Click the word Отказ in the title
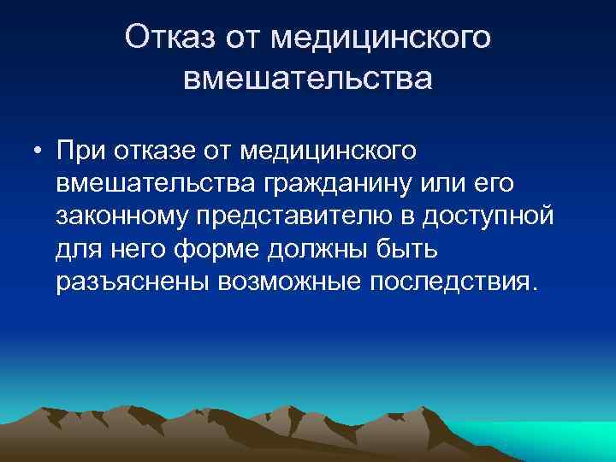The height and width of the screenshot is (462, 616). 170,38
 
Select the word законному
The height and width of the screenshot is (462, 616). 123,217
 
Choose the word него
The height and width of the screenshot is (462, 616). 139,250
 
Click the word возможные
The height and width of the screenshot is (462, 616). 288,282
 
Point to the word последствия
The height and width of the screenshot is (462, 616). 453,282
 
